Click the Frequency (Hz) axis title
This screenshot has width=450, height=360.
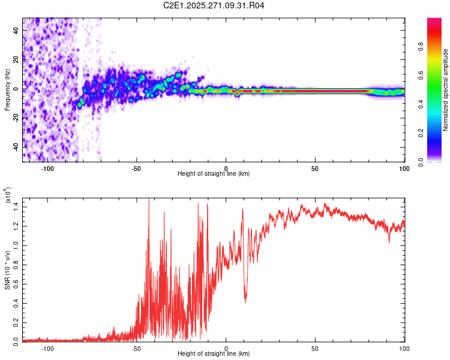click(x=7, y=90)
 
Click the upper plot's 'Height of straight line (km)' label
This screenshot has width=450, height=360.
click(x=214, y=173)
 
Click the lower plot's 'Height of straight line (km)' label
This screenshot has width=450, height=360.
click(x=214, y=353)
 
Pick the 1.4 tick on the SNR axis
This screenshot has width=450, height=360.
click(x=16, y=205)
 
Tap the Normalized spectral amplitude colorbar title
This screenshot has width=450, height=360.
click(x=446, y=90)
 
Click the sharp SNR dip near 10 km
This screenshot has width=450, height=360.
click(x=245, y=302)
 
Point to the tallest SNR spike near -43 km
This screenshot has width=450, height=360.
click(x=149, y=200)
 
